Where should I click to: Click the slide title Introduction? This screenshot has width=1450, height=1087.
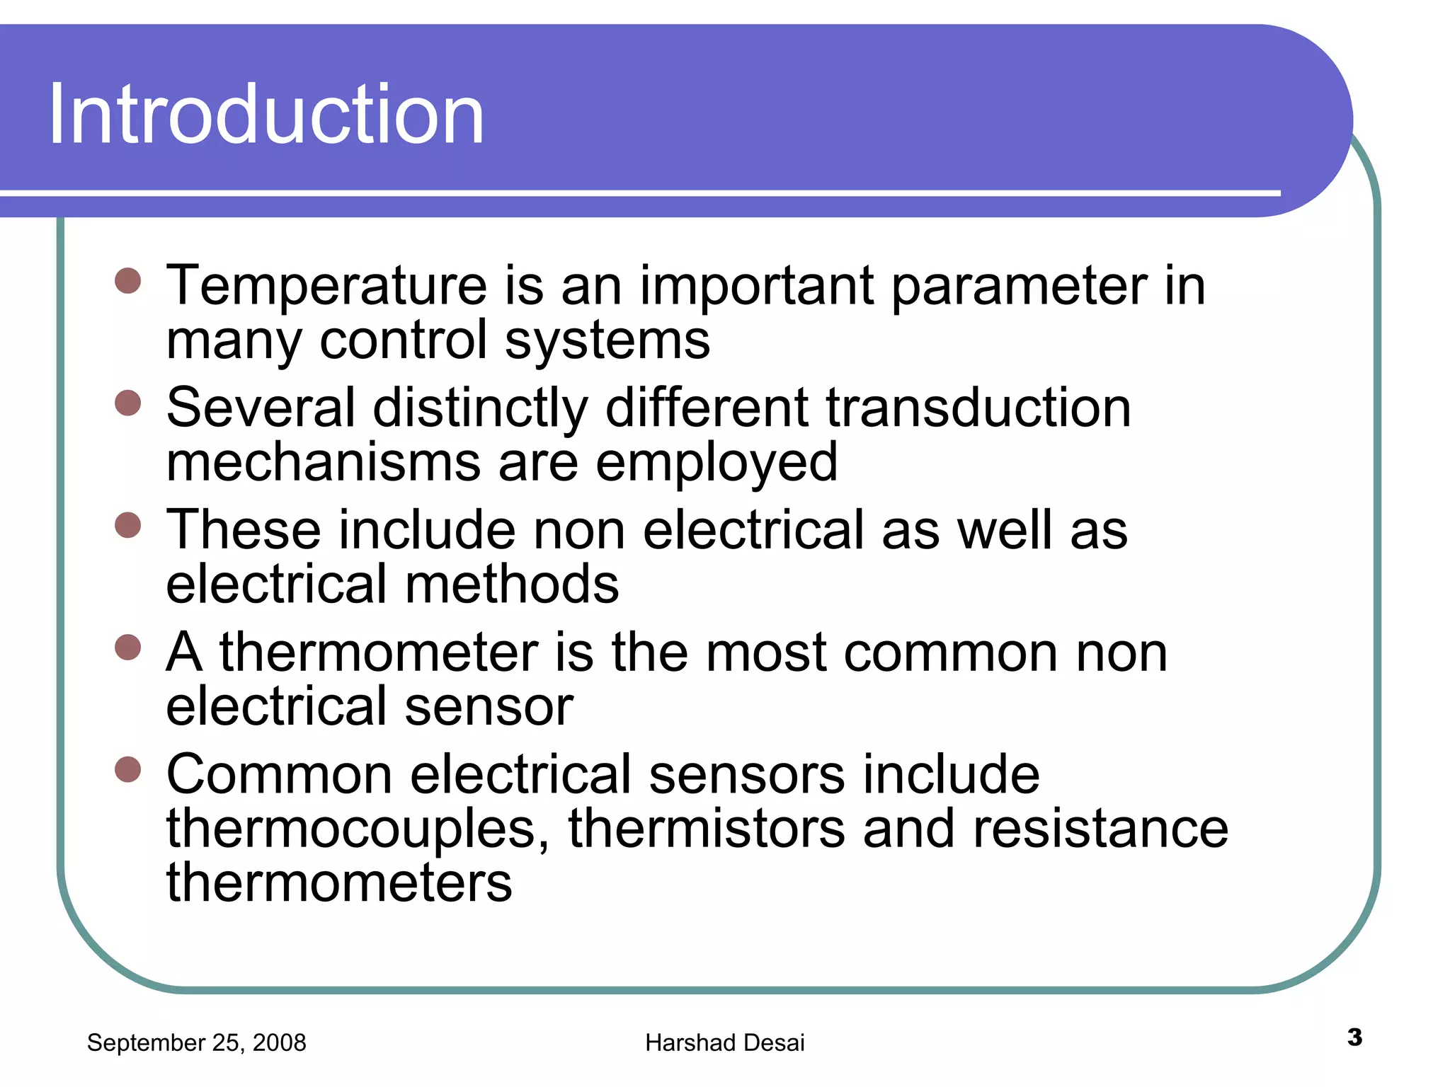pyautogui.click(x=266, y=115)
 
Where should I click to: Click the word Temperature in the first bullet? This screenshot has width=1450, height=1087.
pyautogui.click(x=326, y=286)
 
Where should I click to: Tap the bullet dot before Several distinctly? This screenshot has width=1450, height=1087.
pyautogui.click(x=128, y=403)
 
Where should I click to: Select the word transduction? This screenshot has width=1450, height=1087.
pyautogui.click(x=978, y=408)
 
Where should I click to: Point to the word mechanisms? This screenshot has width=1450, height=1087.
pyautogui.click(x=324, y=463)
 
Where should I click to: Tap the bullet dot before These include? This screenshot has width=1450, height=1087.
pyautogui.click(x=128, y=525)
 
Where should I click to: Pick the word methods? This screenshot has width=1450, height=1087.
pyautogui.click(x=512, y=585)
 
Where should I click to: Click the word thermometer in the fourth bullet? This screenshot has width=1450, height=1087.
pyautogui.click(x=379, y=652)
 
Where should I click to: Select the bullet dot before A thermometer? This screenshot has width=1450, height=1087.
pyautogui.click(x=128, y=647)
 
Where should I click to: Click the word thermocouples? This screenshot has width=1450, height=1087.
pyautogui.click(x=358, y=829)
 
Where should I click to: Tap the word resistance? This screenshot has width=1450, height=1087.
pyautogui.click(x=1101, y=829)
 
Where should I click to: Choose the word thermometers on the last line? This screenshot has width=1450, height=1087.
pyautogui.click(x=339, y=883)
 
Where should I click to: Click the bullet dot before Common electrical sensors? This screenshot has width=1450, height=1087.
pyautogui.click(x=128, y=769)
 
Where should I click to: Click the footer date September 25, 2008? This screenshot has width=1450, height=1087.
pyautogui.click(x=196, y=1042)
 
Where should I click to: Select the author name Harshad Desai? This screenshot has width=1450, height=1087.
pyautogui.click(x=724, y=1042)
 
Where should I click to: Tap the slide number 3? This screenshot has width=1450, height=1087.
pyautogui.click(x=1354, y=1037)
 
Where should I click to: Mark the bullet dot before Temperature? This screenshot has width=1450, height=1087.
pyautogui.click(x=128, y=281)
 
